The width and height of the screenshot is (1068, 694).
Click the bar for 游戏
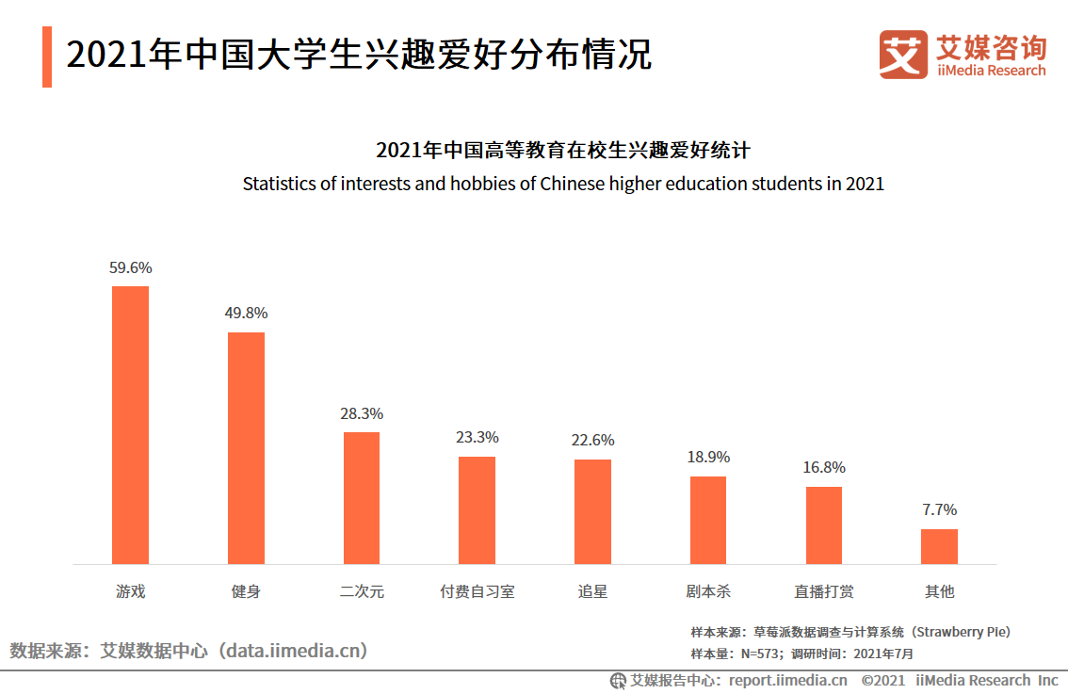[x=130, y=425]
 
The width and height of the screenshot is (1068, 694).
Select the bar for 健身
[x=246, y=448]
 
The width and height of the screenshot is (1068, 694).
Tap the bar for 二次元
[x=362, y=498]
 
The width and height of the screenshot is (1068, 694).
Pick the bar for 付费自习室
[x=477, y=510]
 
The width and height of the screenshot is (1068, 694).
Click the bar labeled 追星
[x=592, y=512]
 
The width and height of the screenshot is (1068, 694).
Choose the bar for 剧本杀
[x=708, y=521]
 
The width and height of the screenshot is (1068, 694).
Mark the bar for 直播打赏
[x=823, y=525]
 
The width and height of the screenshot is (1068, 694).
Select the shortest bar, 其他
[x=939, y=546]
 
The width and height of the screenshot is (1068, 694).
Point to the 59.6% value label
[x=130, y=267]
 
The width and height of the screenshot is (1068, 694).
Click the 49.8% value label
[x=246, y=314]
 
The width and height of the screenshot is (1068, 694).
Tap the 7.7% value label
[x=939, y=510]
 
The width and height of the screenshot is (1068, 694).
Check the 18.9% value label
[x=708, y=458]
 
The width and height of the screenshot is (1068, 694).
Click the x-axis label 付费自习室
[x=477, y=592]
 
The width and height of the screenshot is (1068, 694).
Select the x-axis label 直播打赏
[x=823, y=592]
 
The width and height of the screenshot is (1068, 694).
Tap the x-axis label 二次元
[x=362, y=592]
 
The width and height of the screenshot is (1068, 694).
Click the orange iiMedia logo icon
[x=903, y=55]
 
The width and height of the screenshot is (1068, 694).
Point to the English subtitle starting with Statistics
[x=563, y=184]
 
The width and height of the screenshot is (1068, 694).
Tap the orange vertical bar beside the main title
[x=47, y=56]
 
